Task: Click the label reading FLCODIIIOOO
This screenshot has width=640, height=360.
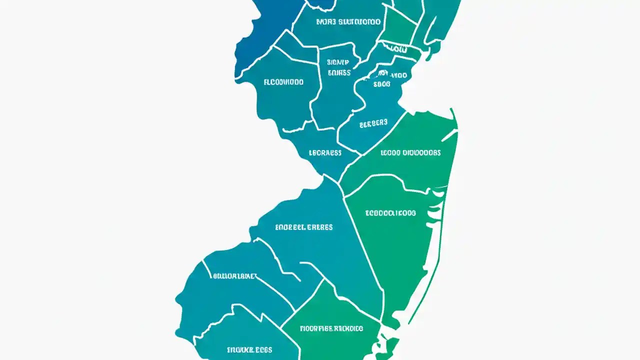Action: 283,82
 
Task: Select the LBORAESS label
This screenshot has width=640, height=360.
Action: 325,152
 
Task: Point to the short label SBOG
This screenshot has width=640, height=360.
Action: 381,84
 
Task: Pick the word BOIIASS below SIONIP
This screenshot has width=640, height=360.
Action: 339,72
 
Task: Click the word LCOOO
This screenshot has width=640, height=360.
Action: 391,152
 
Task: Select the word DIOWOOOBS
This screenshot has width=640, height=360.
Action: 422,152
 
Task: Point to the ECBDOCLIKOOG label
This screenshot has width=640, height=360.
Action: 390,213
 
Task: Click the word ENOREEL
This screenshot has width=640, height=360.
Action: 290,227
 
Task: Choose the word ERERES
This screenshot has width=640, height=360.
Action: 320,227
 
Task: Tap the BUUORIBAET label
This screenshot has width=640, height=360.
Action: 234,275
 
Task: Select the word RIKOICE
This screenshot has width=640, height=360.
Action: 348,328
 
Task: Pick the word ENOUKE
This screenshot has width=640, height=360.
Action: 241,349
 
